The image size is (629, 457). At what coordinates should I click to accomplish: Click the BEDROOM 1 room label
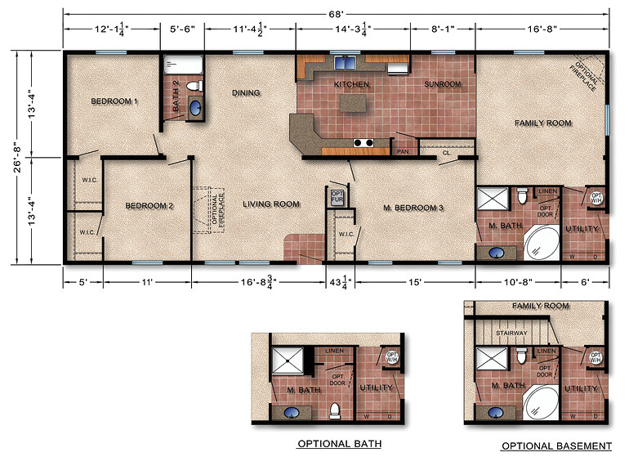coord(114,101)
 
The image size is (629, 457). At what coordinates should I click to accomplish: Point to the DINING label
coord(246,93)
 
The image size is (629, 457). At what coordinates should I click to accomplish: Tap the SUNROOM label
coord(443,84)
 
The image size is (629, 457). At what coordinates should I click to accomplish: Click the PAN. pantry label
coord(403,151)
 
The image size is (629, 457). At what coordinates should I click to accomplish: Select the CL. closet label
coord(447,152)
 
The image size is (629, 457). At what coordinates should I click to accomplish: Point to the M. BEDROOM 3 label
coord(413,208)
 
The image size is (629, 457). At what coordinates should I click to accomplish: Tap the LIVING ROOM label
coord(271,204)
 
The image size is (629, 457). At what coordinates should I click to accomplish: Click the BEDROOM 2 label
coord(149,206)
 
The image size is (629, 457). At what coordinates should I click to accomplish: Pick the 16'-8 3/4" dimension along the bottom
coord(258,281)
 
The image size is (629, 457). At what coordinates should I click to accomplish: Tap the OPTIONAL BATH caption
coord(339,444)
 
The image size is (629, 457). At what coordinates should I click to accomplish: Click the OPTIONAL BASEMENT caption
coord(556,446)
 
